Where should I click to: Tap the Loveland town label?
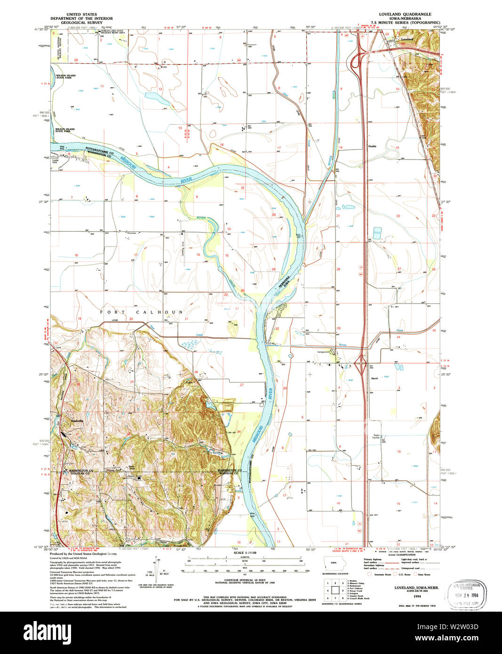(x=407, y=39)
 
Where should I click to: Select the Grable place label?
(x=372, y=146)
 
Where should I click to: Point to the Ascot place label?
(x=375, y=378)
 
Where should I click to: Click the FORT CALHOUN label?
(x=141, y=312)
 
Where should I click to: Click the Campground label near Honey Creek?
(x=323, y=351)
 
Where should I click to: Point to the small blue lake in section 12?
(x=155, y=97)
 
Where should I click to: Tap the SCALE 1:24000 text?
(x=245, y=552)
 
